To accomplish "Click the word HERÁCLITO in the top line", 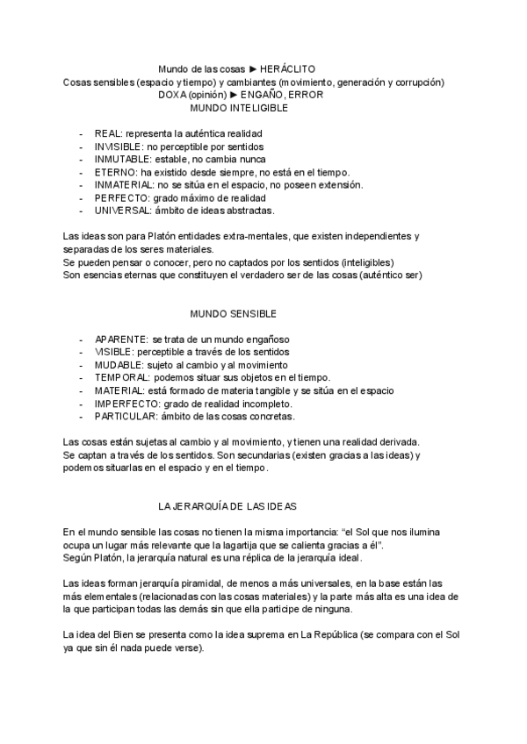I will click(x=288, y=68).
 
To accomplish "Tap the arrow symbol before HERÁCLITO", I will click(x=253, y=68).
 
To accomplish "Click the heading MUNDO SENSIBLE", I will click(x=234, y=313).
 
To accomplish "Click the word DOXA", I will click(x=173, y=94).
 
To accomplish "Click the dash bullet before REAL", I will click(x=81, y=133).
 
